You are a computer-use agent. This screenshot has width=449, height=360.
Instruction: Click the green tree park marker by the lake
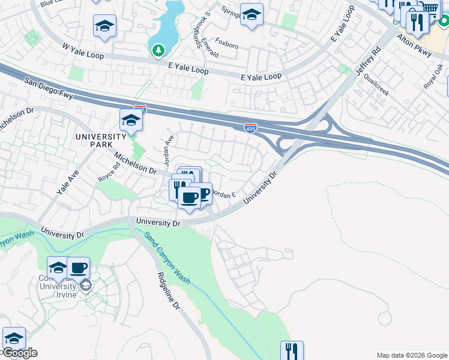point(158,50)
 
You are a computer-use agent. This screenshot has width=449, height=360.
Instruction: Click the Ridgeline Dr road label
point(169,290)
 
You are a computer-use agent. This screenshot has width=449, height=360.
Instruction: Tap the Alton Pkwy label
point(414,46)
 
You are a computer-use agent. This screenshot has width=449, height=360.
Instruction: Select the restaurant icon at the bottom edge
point(292,350)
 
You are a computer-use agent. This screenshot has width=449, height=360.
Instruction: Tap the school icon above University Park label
point(131,120)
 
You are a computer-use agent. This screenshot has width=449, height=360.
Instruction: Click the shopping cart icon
point(428,8)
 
